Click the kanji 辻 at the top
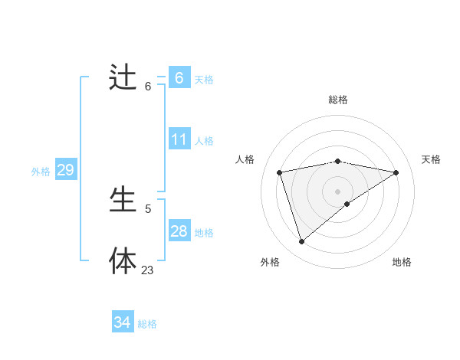pos(123,78)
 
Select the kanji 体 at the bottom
pos(123,260)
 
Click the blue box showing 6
pos(179,77)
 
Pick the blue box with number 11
pos(179,139)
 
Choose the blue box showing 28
pos(179,231)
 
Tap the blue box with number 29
pos(65,170)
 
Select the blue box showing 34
pos(122,322)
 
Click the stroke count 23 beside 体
pos(147,270)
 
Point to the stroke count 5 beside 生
pos(148,208)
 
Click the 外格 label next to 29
pos(41,172)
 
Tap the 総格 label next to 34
pos(147,324)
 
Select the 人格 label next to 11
pos(204,141)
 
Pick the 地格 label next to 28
pos(204,233)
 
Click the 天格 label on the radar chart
pos(431,159)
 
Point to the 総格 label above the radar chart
pos(337,100)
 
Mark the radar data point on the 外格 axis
pos(301,241)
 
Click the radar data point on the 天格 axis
pos(396,172)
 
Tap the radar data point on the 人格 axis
pos(280,172)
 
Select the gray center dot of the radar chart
pos(337,191)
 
